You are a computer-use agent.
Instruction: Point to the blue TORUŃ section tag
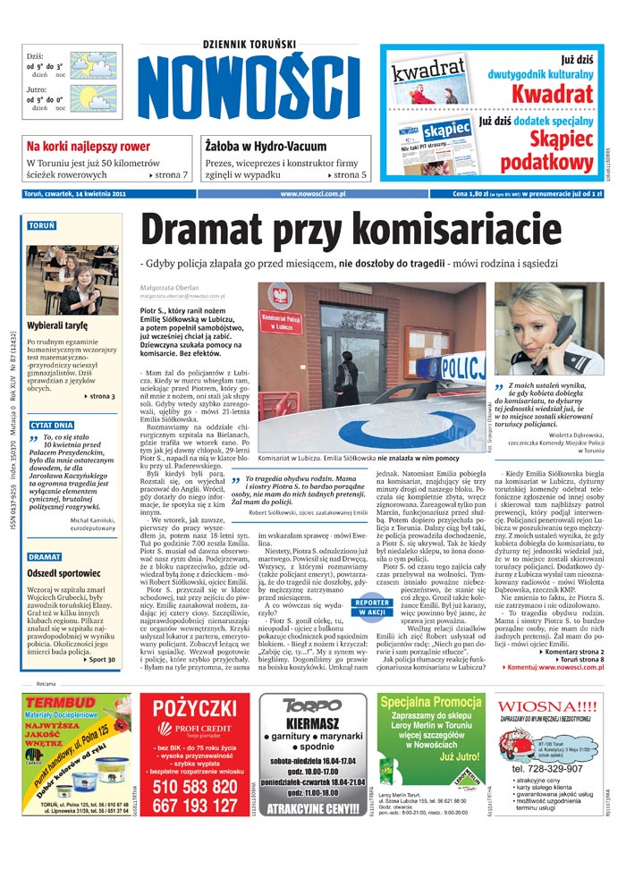(42, 225)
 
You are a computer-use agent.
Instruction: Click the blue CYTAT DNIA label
(52, 425)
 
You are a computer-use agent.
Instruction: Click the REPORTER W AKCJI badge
(372, 607)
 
